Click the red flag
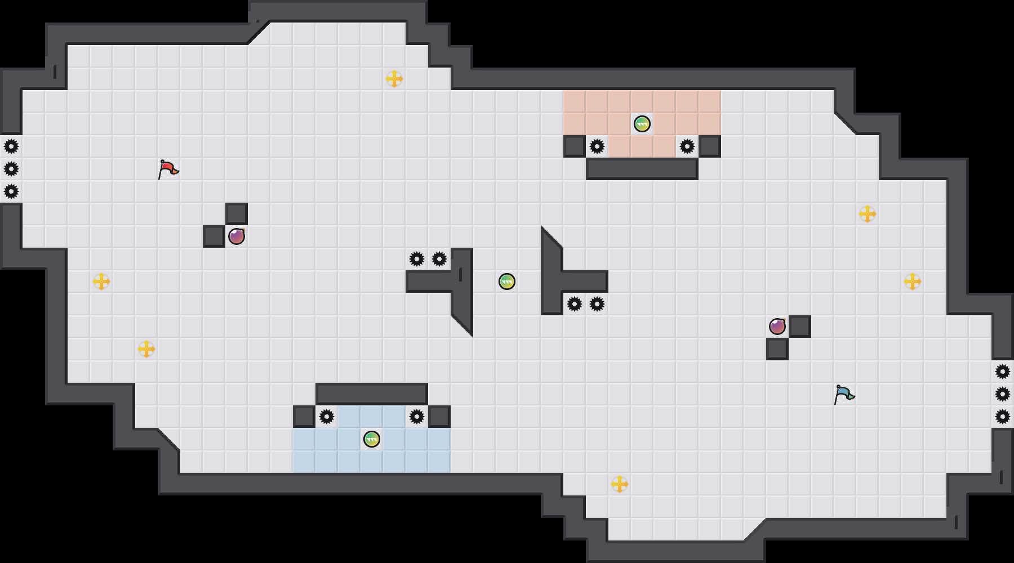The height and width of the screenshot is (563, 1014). click(x=168, y=168)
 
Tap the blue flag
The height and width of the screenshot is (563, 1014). click(x=844, y=394)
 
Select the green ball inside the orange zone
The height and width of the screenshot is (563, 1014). click(x=642, y=124)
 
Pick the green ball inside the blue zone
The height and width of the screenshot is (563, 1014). click(x=372, y=439)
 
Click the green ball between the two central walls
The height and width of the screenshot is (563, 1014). click(x=507, y=281)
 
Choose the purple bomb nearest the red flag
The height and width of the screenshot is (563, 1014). click(x=237, y=236)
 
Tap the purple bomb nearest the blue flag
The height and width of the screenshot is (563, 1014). click(x=777, y=327)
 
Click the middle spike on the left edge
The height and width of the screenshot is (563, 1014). click(x=11, y=169)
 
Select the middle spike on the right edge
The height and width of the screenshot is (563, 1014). click(x=1003, y=394)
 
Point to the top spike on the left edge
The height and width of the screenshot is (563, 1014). click(x=11, y=146)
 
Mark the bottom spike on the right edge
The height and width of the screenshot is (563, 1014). click(x=1003, y=417)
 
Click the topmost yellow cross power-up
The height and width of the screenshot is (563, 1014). click(x=394, y=79)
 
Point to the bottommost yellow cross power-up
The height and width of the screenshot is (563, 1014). click(x=620, y=484)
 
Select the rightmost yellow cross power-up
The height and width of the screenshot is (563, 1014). click(x=913, y=281)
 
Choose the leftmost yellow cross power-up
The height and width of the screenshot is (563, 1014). click(x=101, y=281)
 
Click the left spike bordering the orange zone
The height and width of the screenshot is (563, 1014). click(x=597, y=146)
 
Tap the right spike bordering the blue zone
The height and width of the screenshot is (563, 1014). click(x=417, y=417)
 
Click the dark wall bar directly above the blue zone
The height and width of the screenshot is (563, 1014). click(x=372, y=394)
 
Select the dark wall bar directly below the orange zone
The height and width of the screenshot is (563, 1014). click(x=642, y=169)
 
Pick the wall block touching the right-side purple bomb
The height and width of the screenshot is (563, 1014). click(x=800, y=327)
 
